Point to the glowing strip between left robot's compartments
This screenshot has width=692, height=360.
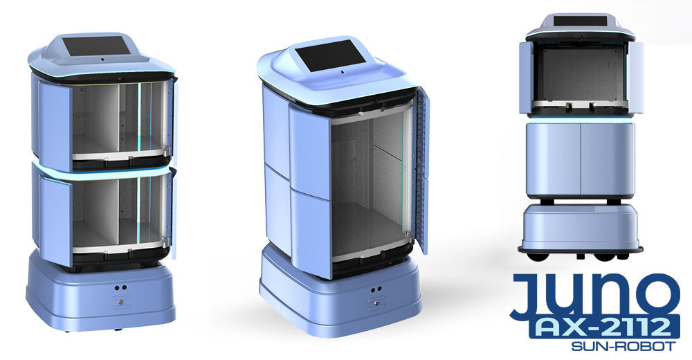tap(104, 169)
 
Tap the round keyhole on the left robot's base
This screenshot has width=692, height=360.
tap(119, 302)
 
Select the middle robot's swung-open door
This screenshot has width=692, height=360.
tap(421, 173)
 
